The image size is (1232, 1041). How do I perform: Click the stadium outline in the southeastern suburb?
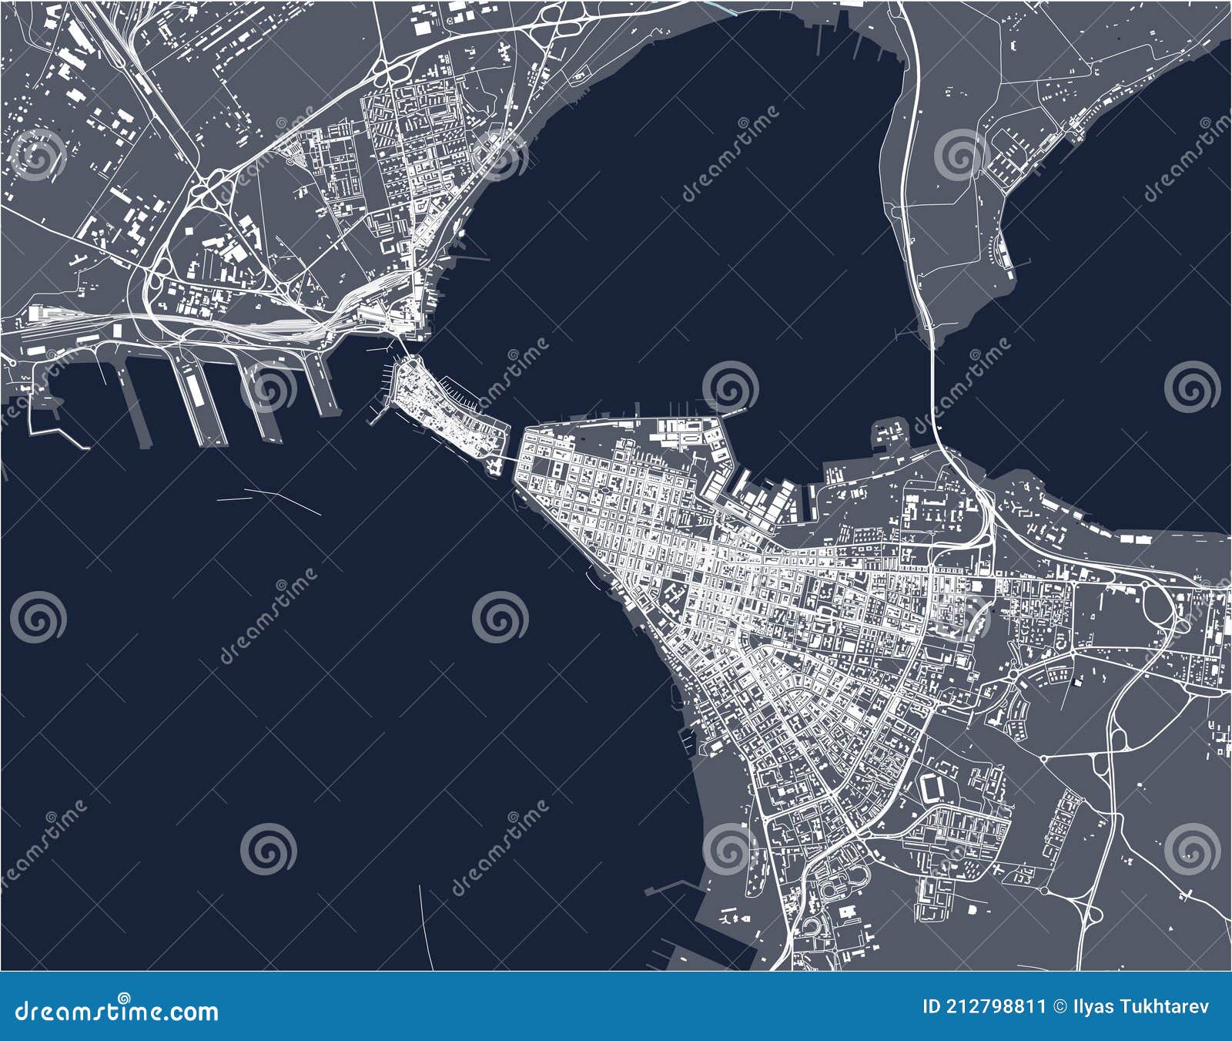click(x=931, y=787)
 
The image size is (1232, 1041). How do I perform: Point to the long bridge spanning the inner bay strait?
click(x=933, y=385)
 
